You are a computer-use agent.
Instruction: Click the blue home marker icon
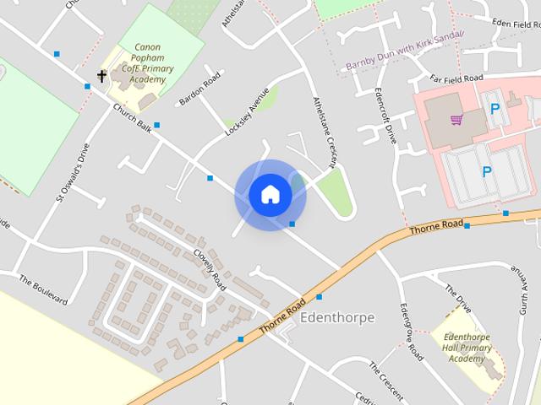(x=270, y=195)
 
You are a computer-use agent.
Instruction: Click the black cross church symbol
(x=102, y=77)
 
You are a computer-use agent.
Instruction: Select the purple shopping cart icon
(x=456, y=120)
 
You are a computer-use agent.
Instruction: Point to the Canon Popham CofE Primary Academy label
(x=147, y=62)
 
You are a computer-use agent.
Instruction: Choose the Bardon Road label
(x=199, y=89)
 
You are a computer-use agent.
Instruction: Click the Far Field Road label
(x=456, y=78)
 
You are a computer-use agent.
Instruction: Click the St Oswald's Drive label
(x=73, y=171)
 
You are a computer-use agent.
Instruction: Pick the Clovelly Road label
(x=209, y=264)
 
